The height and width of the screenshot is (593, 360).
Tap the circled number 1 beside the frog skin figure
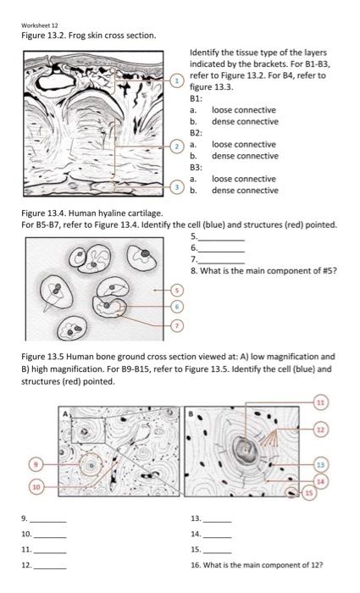click(x=177, y=80)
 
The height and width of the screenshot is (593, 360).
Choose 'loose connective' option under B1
click(x=243, y=110)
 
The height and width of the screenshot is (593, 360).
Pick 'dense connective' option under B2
click(x=244, y=156)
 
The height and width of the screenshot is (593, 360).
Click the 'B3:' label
click(x=197, y=168)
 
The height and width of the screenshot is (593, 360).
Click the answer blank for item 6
click(x=222, y=248)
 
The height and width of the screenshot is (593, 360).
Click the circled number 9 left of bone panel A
click(x=36, y=464)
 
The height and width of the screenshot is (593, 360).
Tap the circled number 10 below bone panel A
click(x=36, y=486)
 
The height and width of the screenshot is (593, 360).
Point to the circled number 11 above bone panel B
click(x=321, y=401)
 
